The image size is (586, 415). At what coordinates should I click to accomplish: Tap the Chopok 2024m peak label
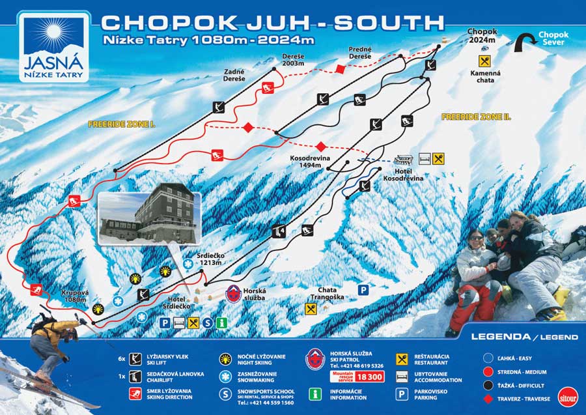pyautogui.click(x=482, y=35)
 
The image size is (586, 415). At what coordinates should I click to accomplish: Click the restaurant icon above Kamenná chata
pyautogui.click(x=484, y=61)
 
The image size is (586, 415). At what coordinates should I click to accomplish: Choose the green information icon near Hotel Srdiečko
pyautogui.click(x=221, y=322)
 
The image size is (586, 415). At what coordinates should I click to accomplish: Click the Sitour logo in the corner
pyautogui.click(x=567, y=397)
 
